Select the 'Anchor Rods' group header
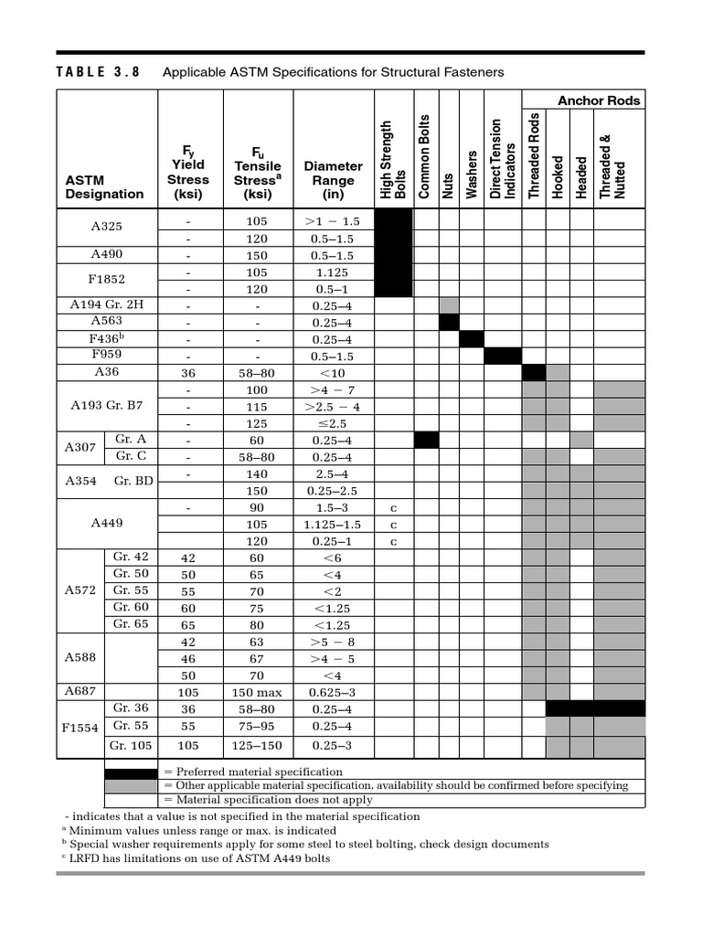[599, 101]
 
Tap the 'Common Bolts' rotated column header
[425, 157]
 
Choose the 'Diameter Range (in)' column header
[333, 180]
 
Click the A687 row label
[80, 691]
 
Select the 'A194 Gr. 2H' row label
[106, 304]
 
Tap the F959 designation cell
[106, 356]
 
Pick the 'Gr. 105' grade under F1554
[131, 745]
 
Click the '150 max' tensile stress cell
[258, 692]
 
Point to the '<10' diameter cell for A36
[333, 373]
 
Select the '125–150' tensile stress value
[258, 745]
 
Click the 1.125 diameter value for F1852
[333, 272]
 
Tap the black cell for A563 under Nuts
[449, 322]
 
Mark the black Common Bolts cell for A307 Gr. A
[426, 440]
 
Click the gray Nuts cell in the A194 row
[449, 305]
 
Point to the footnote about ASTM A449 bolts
[196, 858]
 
